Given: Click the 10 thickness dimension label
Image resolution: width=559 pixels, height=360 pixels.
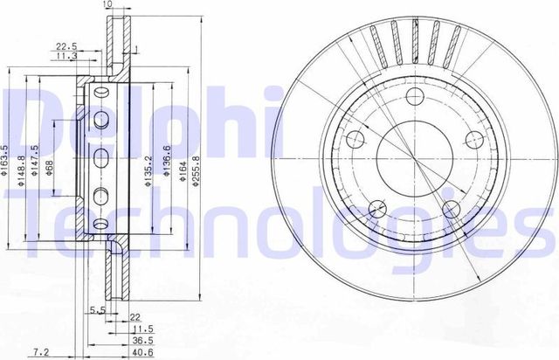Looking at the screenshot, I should tap(107, 5).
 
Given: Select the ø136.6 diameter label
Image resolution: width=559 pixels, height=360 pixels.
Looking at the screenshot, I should tap(165, 163).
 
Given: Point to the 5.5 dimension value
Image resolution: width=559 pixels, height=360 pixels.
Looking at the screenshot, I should tap(96, 310).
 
